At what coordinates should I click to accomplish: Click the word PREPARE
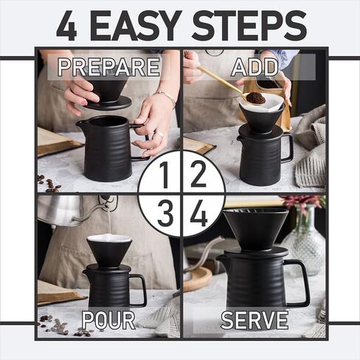[x=109, y=67]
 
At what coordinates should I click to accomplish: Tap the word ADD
[x=255, y=67]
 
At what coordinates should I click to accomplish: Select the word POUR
[x=108, y=319]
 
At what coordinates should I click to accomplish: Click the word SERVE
[x=255, y=319]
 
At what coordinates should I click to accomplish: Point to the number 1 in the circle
[x=165, y=175]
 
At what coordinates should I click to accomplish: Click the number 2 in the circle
[x=198, y=175]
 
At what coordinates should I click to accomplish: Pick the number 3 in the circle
[x=165, y=213]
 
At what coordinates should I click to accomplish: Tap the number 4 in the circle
[x=198, y=213]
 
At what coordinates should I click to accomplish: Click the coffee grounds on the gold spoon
[x=256, y=97]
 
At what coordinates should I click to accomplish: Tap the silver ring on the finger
[x=159, y=134]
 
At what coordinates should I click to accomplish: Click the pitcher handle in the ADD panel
[x=287, y=148]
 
